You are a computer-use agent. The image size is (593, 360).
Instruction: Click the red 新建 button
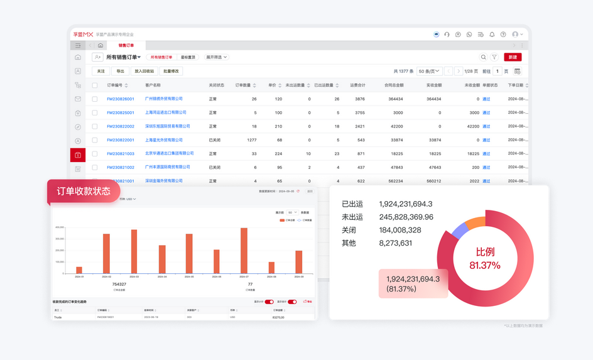coord(513,57)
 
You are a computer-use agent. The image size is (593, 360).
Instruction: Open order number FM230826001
coord(120,99)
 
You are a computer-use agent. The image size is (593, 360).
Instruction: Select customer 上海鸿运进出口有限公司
coord(165,112)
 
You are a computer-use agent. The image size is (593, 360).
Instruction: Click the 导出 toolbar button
coord(121,71)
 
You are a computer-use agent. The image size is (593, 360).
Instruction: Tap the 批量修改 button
coord(171,71)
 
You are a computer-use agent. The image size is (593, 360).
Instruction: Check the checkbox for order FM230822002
coord(95,126)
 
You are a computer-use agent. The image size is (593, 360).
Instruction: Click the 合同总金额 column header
coord(393,85)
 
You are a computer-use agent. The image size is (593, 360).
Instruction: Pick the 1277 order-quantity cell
coord(251,140)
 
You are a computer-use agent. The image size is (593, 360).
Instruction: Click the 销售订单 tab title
coord(126,45)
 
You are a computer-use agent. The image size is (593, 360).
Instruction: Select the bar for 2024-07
coord(244,250)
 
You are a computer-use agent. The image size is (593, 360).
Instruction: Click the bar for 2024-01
coord(79,270)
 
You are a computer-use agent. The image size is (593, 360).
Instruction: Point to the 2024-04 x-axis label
coord(162,277)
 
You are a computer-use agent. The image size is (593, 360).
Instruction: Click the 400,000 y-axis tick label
coord(60,227)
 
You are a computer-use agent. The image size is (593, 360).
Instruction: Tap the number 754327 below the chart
coord(119,285)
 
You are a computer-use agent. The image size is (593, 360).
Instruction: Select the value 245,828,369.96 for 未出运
coord(406,217)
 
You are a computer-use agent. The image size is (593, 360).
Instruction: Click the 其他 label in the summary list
coord(349,243)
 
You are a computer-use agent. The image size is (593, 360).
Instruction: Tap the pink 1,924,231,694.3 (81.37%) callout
coord(413,283)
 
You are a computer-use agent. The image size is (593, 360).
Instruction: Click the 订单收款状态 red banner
coord(84,191)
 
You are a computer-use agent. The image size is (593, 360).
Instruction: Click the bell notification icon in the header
coord(492,35)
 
